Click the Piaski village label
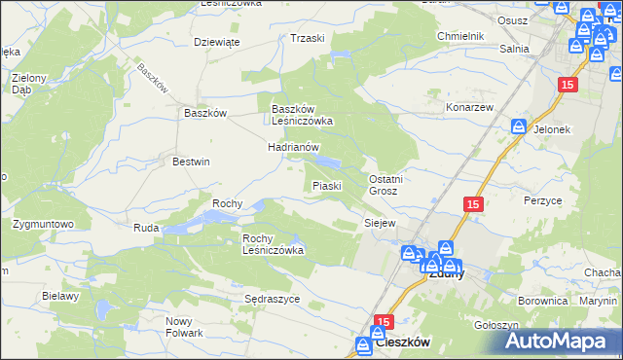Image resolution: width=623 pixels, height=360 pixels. pyautogui.click(x=326, y=185)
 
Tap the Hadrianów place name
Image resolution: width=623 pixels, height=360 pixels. pyautogui.click(x=294, y=146)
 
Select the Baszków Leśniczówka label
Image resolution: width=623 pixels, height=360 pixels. pyautogui.click(x=302, y=115)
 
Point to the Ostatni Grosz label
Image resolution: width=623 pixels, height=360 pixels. pyautogui.click(x=385, y=185)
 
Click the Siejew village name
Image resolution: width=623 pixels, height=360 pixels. pyautogui.click(x=379, y=223)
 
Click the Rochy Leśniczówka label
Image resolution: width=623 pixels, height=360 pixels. pyautogui.click(x=273, y=243)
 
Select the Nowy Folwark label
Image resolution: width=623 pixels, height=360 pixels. pyautogui.click(x=184, y=327)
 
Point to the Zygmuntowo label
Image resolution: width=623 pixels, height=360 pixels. pyautogui.click(x=44, y=224)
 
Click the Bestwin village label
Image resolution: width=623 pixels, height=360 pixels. pyautogui.click(x=191, y=162)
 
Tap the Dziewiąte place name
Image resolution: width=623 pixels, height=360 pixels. pyautogui.click(x=216, y=42)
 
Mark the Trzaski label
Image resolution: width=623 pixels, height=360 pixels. pyautogui.click(x=307, y=38)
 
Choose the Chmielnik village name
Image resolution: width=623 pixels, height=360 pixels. pyautogui.click(x=460, y=36)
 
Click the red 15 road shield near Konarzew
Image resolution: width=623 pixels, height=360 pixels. pyautogui.click(x=569, y=86)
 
